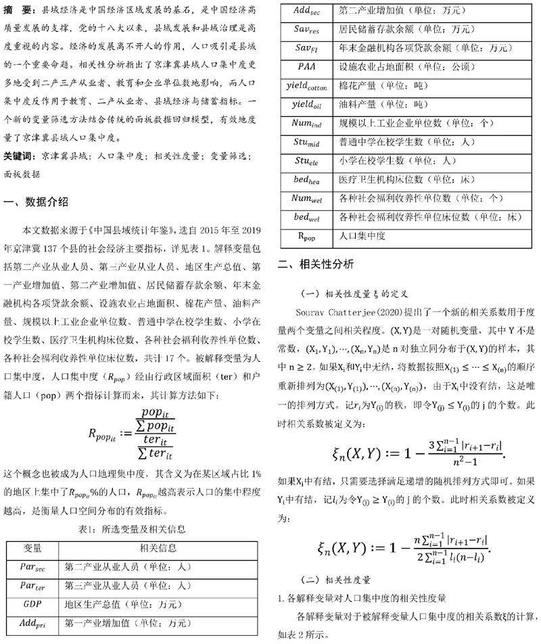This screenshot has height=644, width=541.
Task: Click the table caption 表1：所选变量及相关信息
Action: coord(132,528)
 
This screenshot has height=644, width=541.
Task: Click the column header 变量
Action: coord(32,547)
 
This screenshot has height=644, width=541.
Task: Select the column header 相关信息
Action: coord(158,547)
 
